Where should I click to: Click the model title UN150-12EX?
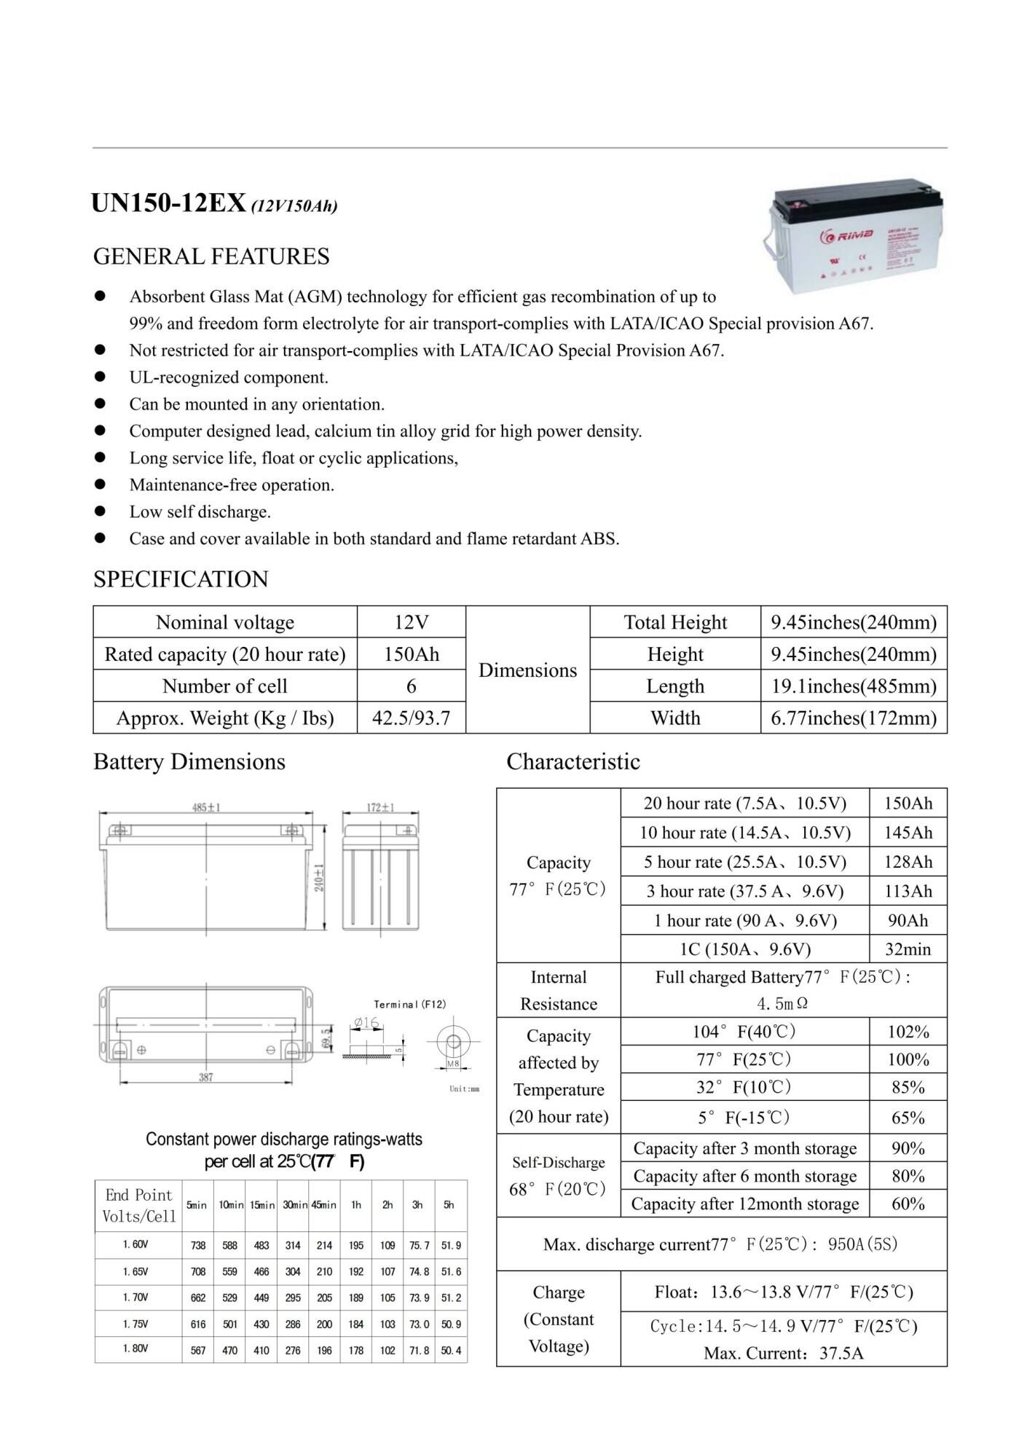[x=168, y=204]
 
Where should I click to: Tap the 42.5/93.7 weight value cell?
[x=411, y=718]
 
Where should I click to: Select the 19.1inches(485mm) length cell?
[x=853, y=686]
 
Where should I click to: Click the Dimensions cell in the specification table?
[x=527, y=670]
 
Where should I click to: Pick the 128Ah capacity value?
[x=908, y=862]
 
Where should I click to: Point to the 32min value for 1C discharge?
[x=908, y=949]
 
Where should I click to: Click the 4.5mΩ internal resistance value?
[x=782, y=1004]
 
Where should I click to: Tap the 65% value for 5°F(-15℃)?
[x=908, y=1118]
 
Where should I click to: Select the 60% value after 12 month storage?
[x=908, y=1204]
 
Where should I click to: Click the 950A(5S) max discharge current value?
[x=862, y=1244]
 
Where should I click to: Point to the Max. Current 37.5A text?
[x=783, y=1354]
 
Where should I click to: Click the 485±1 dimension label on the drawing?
[x=206, y=807]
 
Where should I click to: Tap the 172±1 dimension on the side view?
[x=379, y=807]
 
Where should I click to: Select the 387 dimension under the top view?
[x=206, y=1078]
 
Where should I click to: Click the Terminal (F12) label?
[x=409, y=1005]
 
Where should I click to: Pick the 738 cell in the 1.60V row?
[x=198, y=1246]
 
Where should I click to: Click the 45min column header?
[x=323, y=1205]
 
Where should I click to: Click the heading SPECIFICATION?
[x=181, y=579]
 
